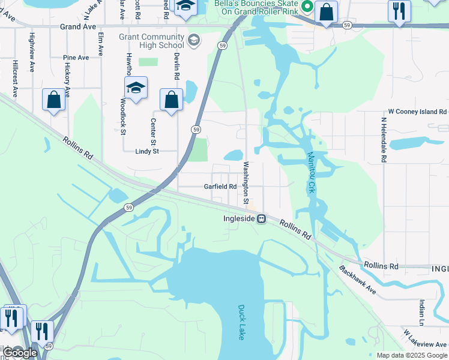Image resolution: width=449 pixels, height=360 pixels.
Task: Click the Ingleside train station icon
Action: click(x=262, y=219)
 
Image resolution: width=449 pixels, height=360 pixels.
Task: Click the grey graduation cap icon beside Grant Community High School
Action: click(x=193, y=41)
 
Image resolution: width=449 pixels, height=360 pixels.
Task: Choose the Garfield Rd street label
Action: click(x=220, y=187)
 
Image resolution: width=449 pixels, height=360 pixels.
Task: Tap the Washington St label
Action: click(x=246, y=183)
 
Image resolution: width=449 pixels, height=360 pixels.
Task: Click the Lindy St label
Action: click(x=146, y=152)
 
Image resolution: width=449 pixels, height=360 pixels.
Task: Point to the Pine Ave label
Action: click(x=76, y=58)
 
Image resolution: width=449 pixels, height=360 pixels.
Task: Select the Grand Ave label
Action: click(x=78, y=27)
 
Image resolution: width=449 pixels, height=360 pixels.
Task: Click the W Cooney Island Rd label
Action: click(x=417, y=112)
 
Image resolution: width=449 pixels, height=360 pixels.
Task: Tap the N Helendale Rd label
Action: click(x=382, y=140)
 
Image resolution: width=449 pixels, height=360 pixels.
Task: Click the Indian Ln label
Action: click(x=422, y=314)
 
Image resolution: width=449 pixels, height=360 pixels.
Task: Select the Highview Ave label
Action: click(x=32, y=49)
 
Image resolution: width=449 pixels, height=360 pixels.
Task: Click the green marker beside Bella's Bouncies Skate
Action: click(x=307, y=8)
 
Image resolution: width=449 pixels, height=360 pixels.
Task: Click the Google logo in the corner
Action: click(x=20, y=353)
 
